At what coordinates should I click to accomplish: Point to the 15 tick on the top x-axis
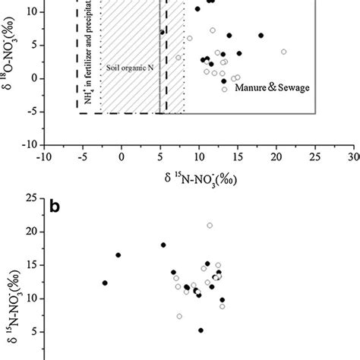(x=238, y=156)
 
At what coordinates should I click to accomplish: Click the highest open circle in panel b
(x=210, y=226)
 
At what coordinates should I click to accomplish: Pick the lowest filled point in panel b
(x=201, y=330)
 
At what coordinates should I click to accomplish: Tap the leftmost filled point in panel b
(x=106, y=283)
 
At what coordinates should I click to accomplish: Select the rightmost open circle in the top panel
(x=283, y=52)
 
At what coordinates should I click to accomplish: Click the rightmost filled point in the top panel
(x=261, y=36)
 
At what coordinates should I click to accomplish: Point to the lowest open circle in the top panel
(x=224, y=90)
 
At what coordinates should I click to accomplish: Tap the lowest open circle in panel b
(x=179, y=316)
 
